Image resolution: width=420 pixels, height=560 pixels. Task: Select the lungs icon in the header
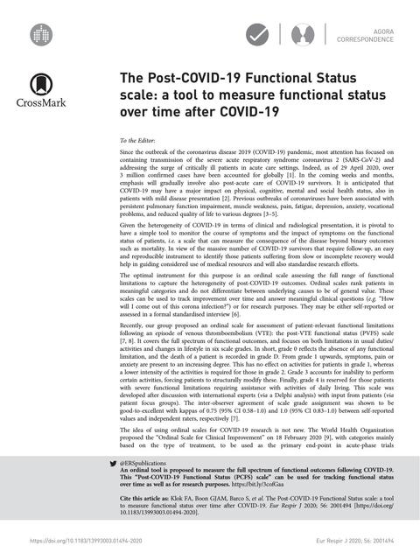pos(298,35)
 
